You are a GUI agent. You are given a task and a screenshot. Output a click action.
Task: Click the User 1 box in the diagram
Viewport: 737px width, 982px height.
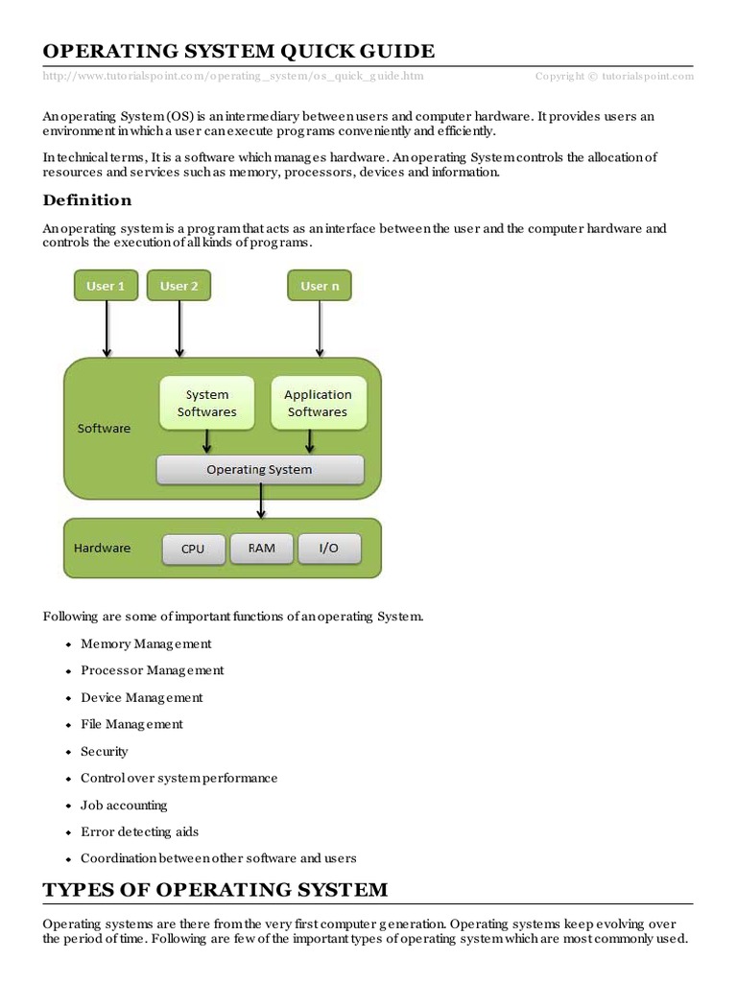tap(106, 286)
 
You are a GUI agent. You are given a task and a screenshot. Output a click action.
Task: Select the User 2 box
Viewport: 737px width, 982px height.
tap(178, 286)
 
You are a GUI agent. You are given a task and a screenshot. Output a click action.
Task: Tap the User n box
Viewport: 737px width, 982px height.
tap(320, 286)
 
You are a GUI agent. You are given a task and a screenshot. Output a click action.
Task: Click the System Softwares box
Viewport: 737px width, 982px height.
tap(206, 403)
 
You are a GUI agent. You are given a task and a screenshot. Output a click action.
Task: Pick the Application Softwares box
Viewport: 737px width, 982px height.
tap(318, 403)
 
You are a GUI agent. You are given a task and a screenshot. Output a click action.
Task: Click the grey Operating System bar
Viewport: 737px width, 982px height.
tap(260, 469)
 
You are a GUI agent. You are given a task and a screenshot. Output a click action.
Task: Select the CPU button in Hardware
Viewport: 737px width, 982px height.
tap(193, 549)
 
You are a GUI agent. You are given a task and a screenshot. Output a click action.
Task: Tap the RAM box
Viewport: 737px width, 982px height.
tap(261, 549)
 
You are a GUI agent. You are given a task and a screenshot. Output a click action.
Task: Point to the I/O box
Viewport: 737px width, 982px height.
tap(328, 549)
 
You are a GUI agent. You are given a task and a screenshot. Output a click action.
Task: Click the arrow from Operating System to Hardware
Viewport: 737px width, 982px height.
tap(261, 502)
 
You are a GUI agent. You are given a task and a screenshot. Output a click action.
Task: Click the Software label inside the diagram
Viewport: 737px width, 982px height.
tap(104, 429)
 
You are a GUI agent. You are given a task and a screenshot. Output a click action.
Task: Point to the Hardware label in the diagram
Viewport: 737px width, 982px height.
tap(102, 549)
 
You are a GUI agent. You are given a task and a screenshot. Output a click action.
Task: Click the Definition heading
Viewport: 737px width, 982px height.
tap(87, 200)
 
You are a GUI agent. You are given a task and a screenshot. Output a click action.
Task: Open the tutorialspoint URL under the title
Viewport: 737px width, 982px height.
tap(232, 76)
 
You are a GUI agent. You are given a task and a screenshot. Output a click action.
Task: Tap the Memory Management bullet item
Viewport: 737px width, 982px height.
tap(146, 643)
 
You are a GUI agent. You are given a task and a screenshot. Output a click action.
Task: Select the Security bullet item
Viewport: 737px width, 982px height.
tap(105, 751)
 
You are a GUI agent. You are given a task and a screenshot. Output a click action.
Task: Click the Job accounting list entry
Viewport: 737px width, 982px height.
tap(124, 805)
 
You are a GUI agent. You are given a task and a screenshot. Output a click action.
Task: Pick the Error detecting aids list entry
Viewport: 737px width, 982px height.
tap(139, 831)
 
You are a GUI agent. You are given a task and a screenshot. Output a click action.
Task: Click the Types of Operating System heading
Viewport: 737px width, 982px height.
tap(215, 889)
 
